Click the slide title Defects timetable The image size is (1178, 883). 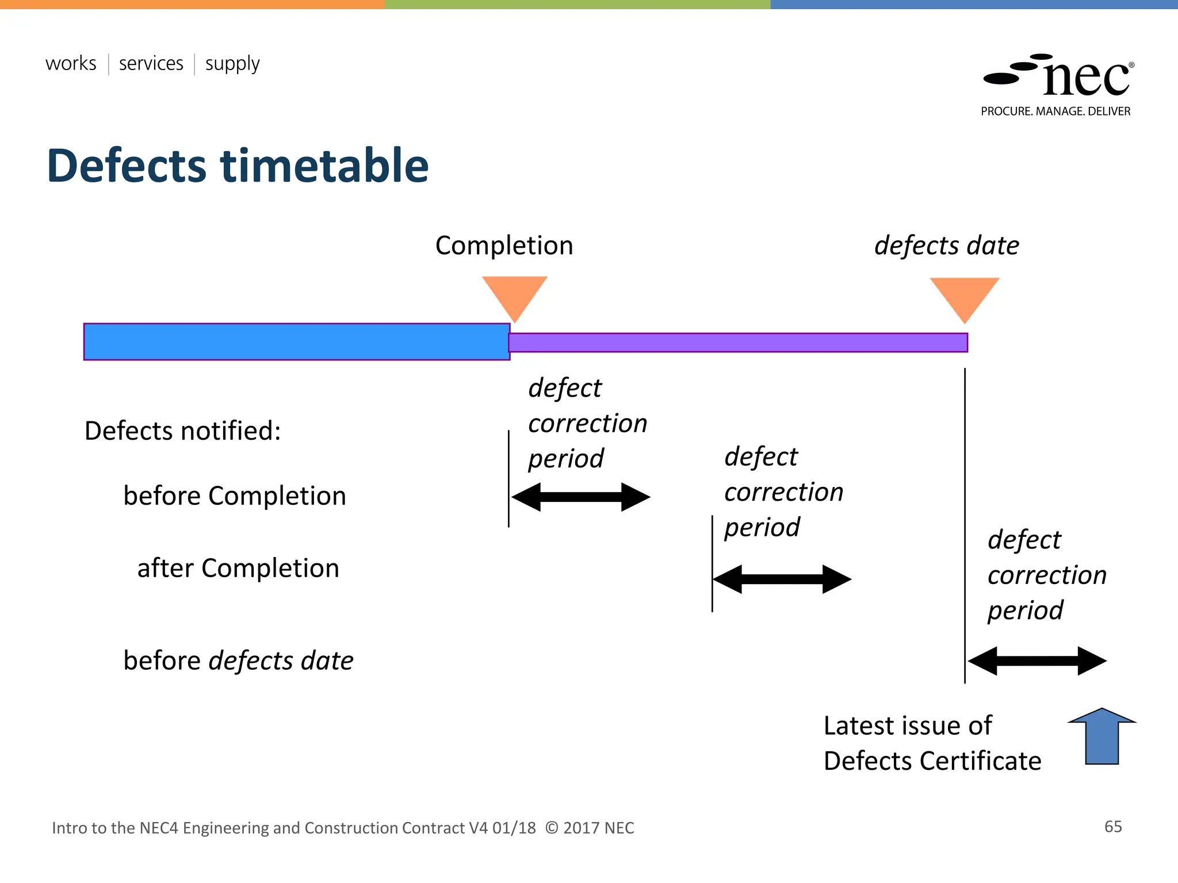coord(238,166)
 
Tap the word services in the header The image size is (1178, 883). coord(151,63)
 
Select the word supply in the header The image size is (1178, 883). coord(232,64)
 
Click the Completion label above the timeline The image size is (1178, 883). coord(504,245)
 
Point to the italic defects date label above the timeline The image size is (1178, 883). coord(946,245)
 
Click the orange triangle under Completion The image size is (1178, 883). coord(514,294)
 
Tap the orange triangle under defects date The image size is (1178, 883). coord(965,295)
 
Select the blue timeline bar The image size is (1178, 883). coord(296,341)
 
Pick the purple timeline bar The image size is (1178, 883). coord(737,343)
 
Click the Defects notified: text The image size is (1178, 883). coord(182,431)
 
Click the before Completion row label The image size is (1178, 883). coord(235,496)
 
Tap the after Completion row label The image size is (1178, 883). coord(238,568)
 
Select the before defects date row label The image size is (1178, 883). coord(238,661)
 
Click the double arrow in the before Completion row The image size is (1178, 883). coord(580,497)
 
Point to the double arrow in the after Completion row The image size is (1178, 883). coord(782,579)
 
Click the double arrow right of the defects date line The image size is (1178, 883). coord(1037,661)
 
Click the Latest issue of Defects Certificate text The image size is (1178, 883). coord(932,743)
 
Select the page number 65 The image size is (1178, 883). coord(1113,827)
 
